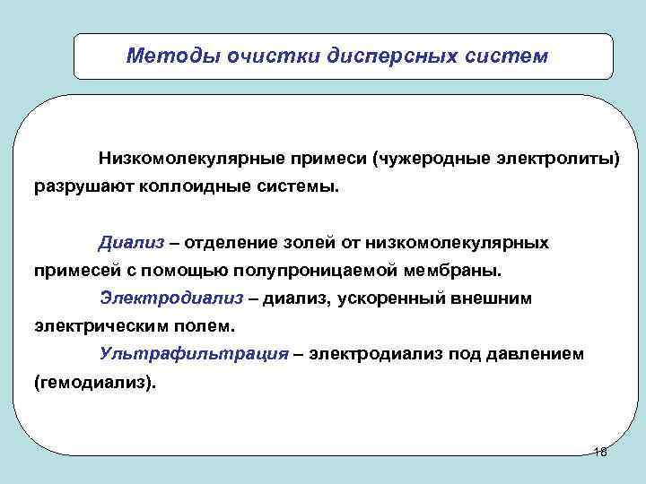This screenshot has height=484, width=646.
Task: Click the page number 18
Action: pyautogui.click(x=600, y=453)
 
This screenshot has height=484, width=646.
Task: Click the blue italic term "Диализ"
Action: pyautogui.click(x=128, y=243)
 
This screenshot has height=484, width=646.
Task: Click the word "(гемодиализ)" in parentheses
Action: pyautogui.click(x=94, y=382)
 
